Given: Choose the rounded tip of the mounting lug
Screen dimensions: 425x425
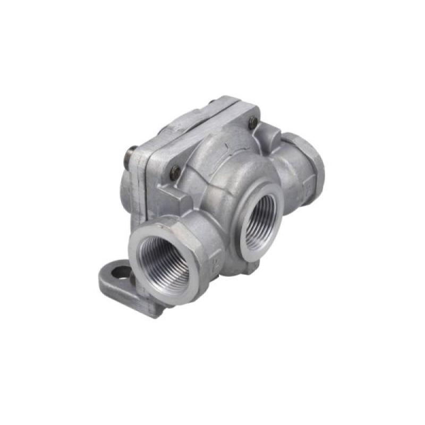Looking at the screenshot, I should pyautogui.click(x=104, y=282).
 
